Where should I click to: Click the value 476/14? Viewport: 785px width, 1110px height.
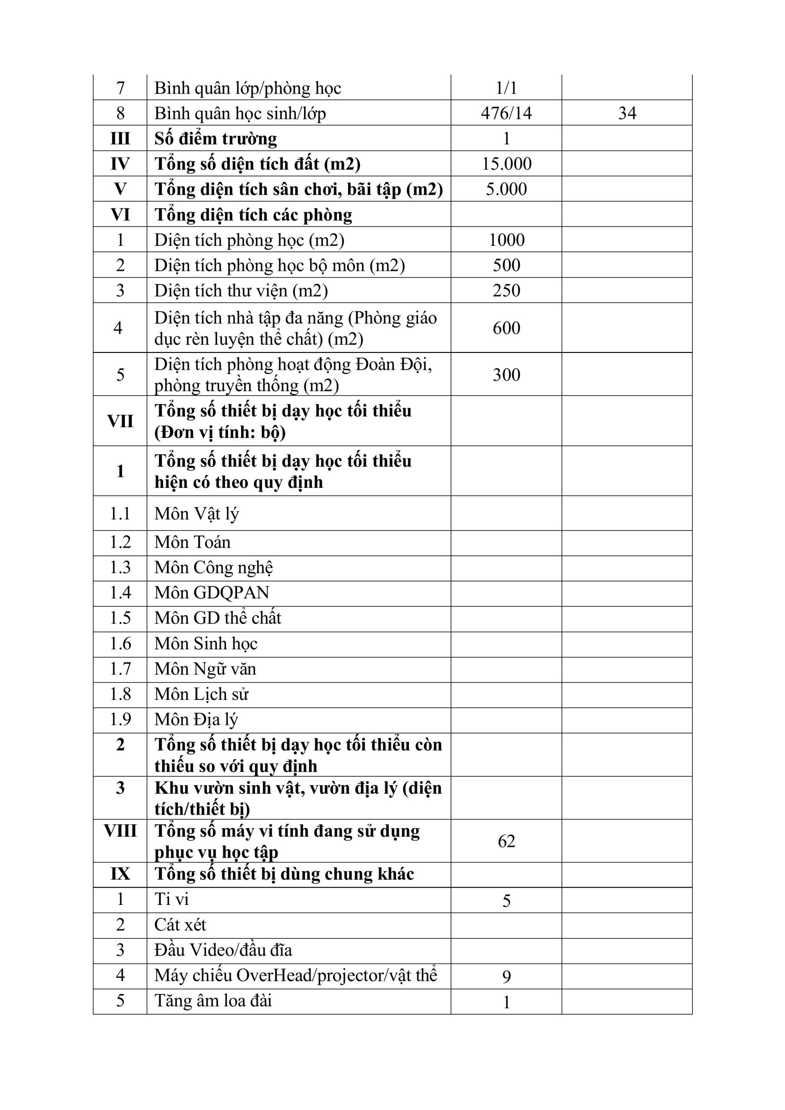506,113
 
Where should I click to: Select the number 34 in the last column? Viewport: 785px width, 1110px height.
627,113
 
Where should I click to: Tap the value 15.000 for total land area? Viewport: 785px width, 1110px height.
507,164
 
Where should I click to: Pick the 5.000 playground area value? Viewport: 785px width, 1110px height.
507,189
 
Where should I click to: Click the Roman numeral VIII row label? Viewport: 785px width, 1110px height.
120,831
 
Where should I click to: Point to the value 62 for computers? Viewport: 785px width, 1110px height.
507,841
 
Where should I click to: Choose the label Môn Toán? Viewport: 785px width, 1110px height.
192,542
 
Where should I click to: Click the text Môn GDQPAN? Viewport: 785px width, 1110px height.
211,593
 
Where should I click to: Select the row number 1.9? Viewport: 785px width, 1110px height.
120,719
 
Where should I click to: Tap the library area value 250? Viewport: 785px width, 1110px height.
507,291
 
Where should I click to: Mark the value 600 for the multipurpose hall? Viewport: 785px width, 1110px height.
507,328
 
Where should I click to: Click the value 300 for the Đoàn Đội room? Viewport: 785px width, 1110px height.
507,375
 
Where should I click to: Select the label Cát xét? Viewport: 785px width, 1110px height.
180,925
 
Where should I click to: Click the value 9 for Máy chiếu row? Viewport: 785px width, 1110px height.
507,977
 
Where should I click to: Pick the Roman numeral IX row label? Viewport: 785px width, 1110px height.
120,874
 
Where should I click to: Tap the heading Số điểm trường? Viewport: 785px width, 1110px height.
216,139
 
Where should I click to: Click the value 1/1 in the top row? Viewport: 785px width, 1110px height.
507,88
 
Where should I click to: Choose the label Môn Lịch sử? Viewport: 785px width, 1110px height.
201,694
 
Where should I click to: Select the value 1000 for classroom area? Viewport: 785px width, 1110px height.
507,240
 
